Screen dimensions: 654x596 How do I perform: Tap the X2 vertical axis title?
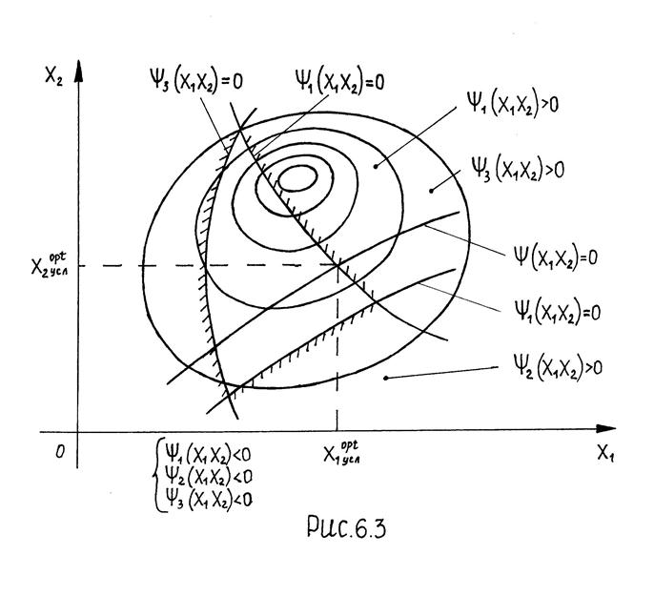point(53,73)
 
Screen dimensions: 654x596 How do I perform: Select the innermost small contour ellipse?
point(297,177)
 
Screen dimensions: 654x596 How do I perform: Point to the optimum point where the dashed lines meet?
point(337,264)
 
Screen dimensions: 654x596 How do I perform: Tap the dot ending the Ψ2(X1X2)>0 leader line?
point(384,379)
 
